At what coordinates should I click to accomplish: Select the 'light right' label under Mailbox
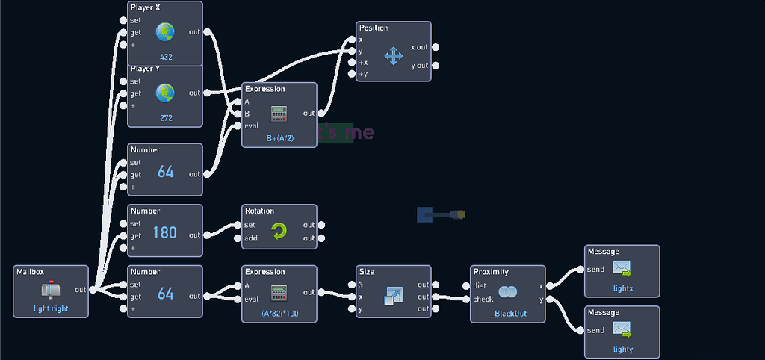click(x=51, y=308)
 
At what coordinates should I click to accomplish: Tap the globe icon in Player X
click(x=165, y=32)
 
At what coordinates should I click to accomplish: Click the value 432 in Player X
click(x=165, y=57)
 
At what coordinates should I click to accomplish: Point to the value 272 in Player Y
click(x=165, y=118)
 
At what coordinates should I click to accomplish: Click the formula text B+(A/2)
click(x=279, y=138)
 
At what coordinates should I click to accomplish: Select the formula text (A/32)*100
click(x=279, y=314)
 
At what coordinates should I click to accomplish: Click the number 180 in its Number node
click(x=165, y=232)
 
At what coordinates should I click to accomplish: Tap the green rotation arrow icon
click(x=279, y=232)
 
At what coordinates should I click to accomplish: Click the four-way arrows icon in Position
click(x=394, y=55)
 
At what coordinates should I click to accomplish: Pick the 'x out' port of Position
click(x=436, y=47)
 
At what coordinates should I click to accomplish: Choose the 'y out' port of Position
click(x=436, y=66)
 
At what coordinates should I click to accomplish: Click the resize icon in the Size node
click(x=394, y=295)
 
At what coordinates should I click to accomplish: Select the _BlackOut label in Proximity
click(x=508, y=314)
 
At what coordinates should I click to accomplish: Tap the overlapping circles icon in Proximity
click(x=508, y=292)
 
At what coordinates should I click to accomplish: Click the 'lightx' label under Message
click(x=622, y=288)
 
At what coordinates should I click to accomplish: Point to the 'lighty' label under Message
click(x=622, y=349)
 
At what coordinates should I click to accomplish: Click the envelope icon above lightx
click(x=622, y=268)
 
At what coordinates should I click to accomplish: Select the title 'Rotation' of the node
click(x=260, y=211)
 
